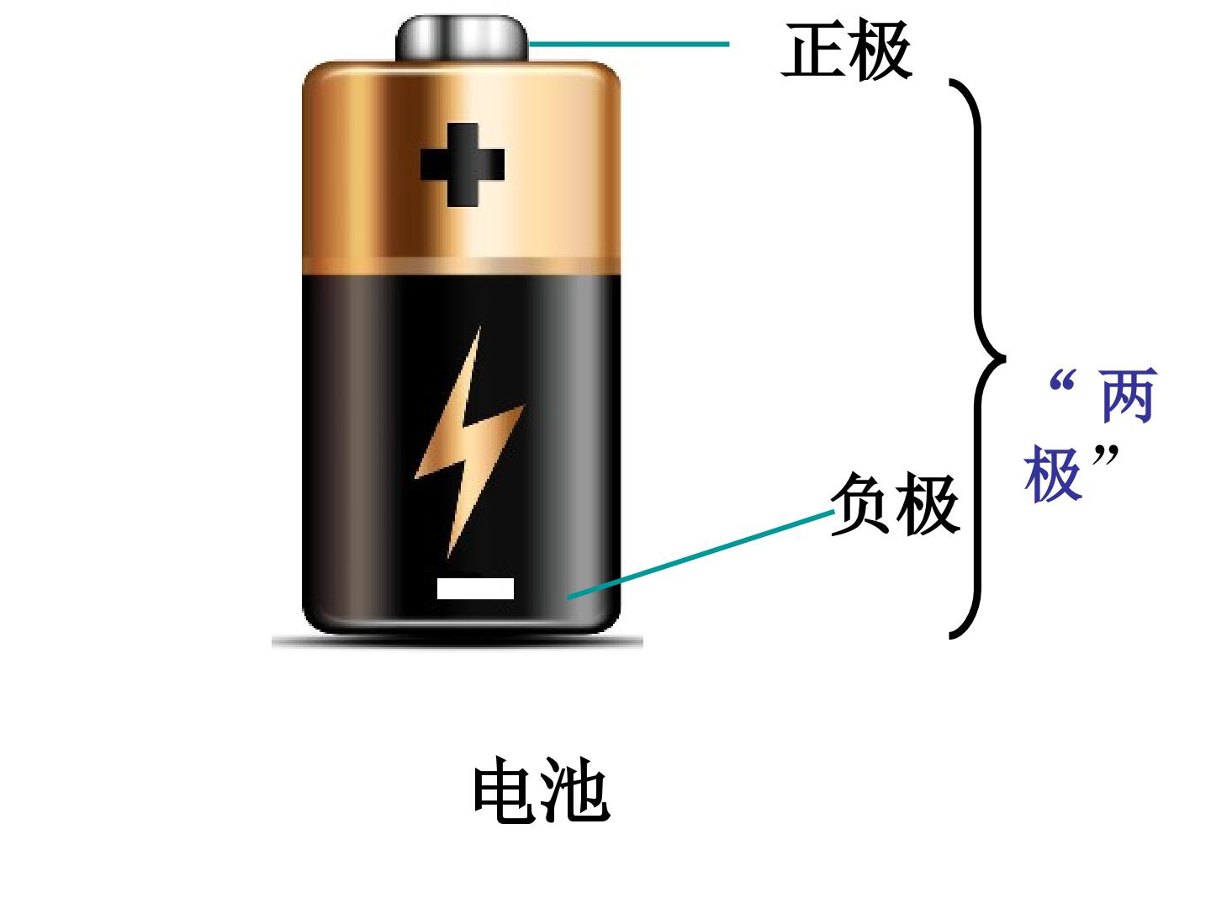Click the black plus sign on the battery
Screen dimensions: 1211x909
463,164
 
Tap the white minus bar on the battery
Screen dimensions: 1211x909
475,588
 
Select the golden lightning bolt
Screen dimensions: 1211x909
469,442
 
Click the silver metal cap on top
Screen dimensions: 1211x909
462,38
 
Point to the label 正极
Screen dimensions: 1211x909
846,50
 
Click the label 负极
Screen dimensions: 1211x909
895,504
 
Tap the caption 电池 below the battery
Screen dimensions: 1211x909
542,789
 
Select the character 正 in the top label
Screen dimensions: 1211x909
812,50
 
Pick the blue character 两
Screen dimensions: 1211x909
1129,396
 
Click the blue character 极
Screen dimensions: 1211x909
1053,474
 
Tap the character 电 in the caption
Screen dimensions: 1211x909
506,789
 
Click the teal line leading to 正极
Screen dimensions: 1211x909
629,44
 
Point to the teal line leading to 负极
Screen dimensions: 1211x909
701,554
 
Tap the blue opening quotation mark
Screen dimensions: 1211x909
1063,380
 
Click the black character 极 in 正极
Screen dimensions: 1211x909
880,50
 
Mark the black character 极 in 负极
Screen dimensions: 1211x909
928,504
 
